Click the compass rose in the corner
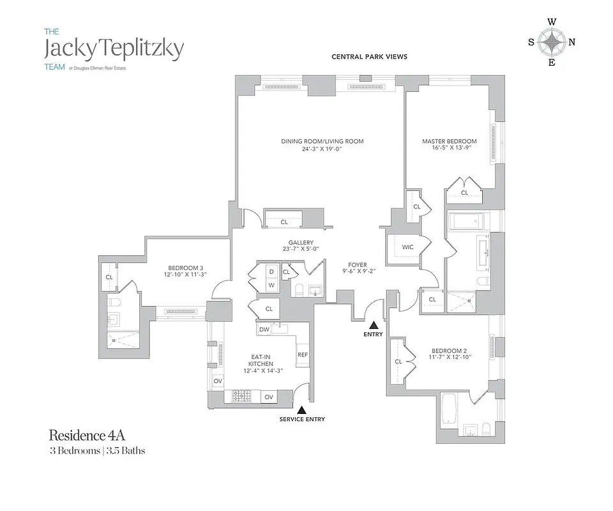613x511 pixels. coord(551,43)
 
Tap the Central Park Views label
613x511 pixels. coord(369,57)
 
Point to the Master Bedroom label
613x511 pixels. coord(449,146)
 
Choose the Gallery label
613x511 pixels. coord(300,247)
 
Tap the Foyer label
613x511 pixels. coord(357,267)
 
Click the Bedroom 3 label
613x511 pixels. coord(186,271)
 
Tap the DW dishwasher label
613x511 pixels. coord(264,330)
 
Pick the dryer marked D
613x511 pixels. coord(271,271)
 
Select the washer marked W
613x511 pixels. coord(271,285)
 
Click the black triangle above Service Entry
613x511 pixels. coord(302,409)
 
